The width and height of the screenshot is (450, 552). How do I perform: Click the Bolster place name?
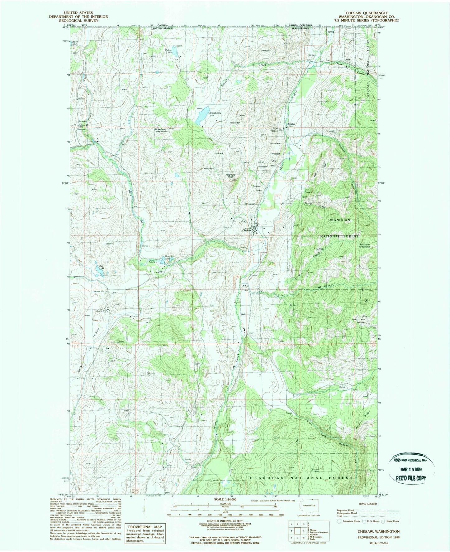point(291,124)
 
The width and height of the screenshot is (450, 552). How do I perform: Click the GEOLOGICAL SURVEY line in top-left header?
point(78,21)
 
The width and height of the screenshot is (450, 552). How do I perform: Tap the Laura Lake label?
point(74,43)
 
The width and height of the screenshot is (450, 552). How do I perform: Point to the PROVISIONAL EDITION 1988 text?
point(378,537)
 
